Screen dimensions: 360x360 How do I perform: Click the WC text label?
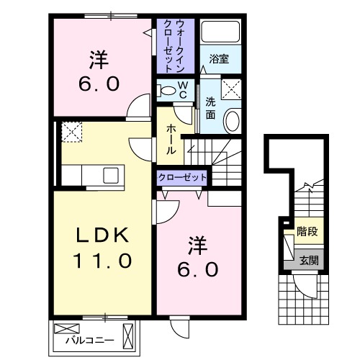tap(183, 90)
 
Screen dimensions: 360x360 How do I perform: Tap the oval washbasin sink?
tap(233, 121)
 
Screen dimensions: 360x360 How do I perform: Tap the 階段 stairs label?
tap(307, 232)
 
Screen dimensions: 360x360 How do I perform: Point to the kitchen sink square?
tap(111, 175)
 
